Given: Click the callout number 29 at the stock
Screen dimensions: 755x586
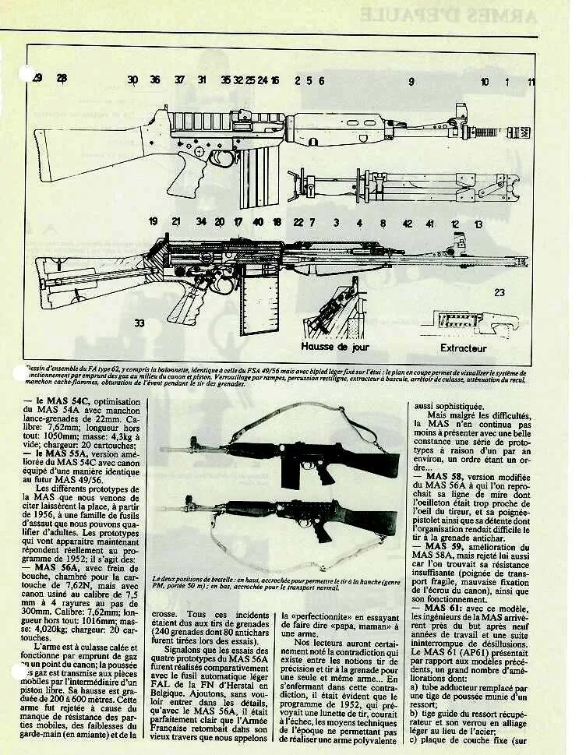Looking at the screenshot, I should click(37, 77).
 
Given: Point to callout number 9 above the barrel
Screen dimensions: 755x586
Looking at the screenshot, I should click(411, 81).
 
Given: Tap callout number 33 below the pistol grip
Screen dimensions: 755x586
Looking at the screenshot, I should click(139, 323).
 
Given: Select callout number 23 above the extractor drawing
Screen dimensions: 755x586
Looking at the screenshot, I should click(499, 293).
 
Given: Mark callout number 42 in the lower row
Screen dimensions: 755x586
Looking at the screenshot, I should click(407, 223).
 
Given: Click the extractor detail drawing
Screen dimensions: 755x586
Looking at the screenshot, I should click(468, 319).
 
